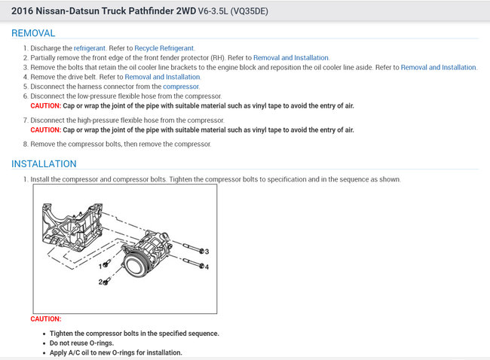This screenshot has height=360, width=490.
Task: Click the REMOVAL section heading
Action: click(33, 34)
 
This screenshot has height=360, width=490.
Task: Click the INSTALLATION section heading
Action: click(44, 163)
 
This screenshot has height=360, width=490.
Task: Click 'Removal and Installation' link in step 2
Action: click(291, 58)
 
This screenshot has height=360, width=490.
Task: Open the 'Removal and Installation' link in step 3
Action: click(438, 68)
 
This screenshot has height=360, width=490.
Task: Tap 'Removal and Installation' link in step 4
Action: click(162, 77)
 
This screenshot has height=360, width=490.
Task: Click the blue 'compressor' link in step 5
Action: click(181, 87)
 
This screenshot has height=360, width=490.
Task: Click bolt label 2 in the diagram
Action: click(100, 282)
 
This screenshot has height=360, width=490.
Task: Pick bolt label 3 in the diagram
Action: click(206, 251)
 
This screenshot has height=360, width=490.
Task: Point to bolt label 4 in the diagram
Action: click(206, 267)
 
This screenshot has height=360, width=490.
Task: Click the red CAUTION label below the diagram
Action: click(46, 319)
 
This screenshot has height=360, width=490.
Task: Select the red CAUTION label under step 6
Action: click(51, 106)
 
